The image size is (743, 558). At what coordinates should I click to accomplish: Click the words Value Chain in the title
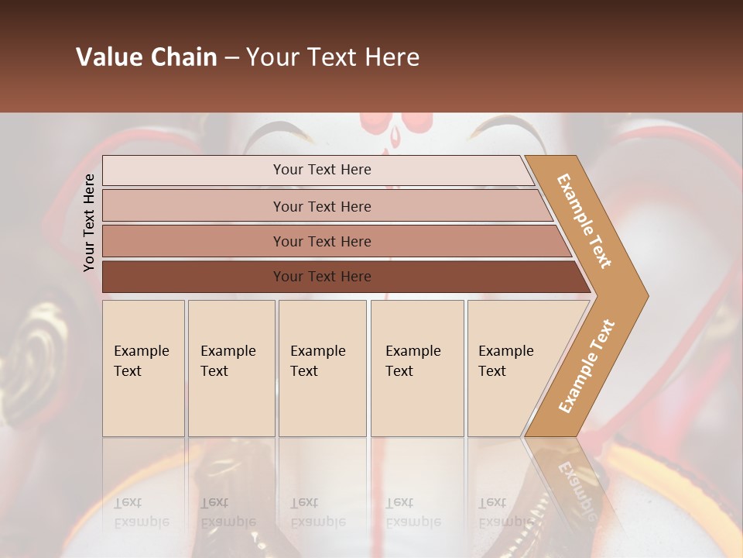(146, 57)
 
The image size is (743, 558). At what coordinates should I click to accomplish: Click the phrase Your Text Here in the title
(333, 57)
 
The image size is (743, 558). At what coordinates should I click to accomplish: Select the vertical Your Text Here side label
(90, 222)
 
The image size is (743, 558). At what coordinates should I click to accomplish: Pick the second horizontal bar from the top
(321, 206)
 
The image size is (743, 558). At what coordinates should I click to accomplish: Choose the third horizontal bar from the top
(321, 241)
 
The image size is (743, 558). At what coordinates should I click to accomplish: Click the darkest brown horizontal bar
(321, 277)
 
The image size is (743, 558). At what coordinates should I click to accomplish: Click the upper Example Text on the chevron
(584, 222)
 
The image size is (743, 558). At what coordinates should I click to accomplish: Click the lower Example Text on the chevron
(587, 367)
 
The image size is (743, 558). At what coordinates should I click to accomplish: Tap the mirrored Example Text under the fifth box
(505, 512)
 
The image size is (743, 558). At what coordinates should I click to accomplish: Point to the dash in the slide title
(231, 58)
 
